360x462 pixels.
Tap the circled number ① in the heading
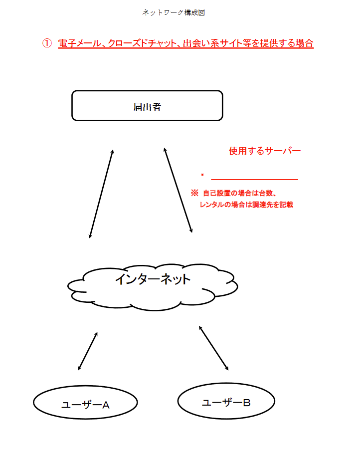47,43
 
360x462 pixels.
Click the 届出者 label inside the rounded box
147,106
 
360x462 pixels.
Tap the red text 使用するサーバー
264,151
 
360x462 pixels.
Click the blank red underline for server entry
254,179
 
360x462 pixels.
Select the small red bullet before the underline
202,175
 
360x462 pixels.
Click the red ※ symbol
194,193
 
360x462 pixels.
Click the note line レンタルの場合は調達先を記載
246,205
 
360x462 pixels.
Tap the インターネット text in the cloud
153,279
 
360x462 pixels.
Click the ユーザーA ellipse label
85,404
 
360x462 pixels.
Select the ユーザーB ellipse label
226,402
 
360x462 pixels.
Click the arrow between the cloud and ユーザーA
88,351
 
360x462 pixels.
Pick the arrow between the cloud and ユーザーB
214,348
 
